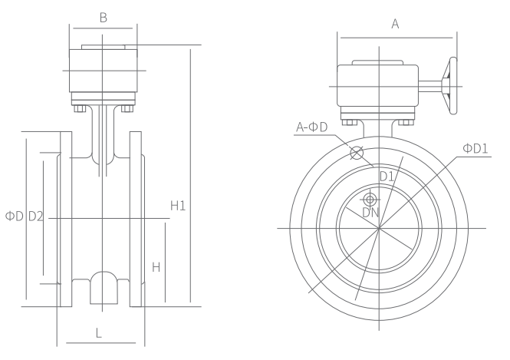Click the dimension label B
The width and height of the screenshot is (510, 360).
tap(103, 17)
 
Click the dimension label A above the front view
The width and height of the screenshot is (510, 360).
tap(396, 24)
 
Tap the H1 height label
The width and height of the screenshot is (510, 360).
tap(179, 205)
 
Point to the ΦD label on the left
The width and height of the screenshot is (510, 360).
tap(15, 216)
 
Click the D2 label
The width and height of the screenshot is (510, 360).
tap(36, 216)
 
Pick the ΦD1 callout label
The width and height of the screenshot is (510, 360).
tap(475, 147)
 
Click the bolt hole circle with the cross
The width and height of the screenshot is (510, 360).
tap(357, 152)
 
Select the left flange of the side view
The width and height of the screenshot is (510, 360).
tap(66, 219)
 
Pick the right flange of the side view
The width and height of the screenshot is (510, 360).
tap(137, 219)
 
